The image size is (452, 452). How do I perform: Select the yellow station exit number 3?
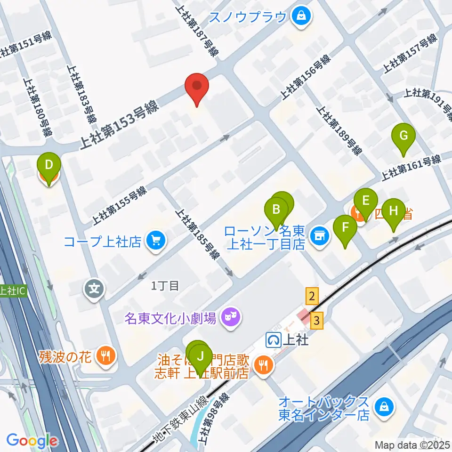coord(318,321)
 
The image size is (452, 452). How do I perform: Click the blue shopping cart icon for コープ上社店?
coord(156,241)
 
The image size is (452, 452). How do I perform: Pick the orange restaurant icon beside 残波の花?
coord(104,355)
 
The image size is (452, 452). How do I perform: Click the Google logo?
coord(32,441)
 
